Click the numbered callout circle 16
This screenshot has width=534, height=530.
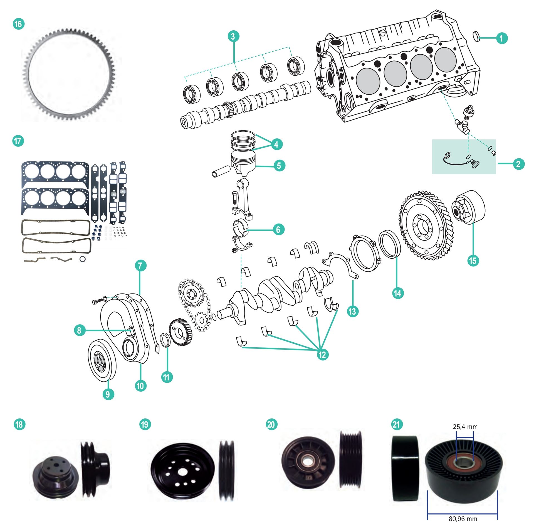pyautogui.click(x=19, y=24)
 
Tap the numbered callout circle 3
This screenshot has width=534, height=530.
pyautogui.click(x=233, y=36)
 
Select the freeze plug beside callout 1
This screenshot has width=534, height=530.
pyautogui.click(x=477, y=36)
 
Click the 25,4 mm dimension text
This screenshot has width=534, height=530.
pyautogui.click(x=465, y=427)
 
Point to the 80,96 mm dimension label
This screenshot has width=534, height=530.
pyautogui.click(x=463, y=519)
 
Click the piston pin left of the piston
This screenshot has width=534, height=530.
pyautogui.click(x=221, y=171)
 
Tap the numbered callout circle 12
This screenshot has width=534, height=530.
pyautogui.click(x=322, y=355)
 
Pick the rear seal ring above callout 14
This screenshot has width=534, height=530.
pyautogui.click(x=389, y=244)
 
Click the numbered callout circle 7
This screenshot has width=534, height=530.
pyautogui.click(x=140, y=266)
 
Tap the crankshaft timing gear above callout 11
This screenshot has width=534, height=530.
pyautogui.click(x=180, y=332)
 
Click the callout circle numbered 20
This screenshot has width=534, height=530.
pyautogui.click(x=271, y=425)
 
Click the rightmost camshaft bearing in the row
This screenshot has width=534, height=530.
pyautogui.click(x=296, y=66)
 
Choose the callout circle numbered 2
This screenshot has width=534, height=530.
pyautogui.click(x=518, y=164)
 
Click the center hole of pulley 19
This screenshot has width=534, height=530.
pyautogui.click(x=182, y=472)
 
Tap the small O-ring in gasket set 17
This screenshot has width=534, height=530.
pyautogui.click(x=83, y=259)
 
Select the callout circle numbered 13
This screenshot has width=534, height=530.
pyautogui.click(x=353, y=311)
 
